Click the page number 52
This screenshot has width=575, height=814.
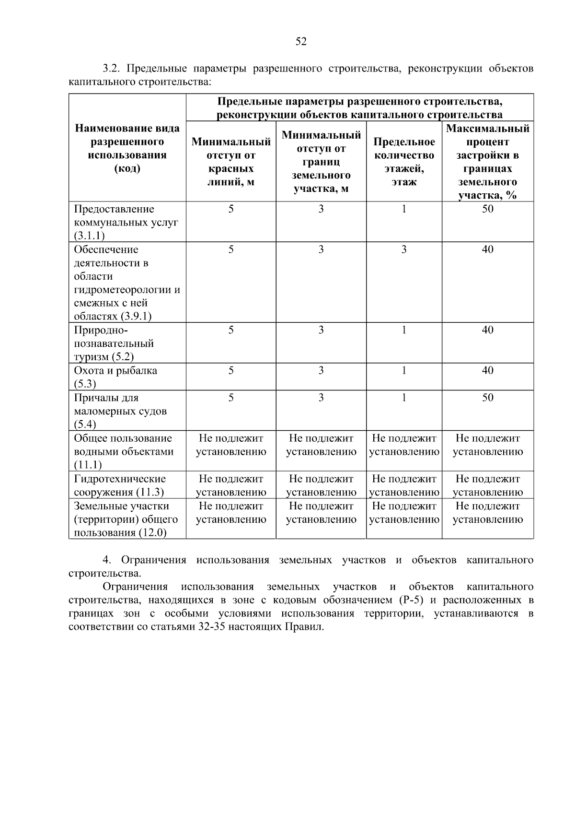300,42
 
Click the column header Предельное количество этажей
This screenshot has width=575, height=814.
404,162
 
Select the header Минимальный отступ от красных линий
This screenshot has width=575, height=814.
231,162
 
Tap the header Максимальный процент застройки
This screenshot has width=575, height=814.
487,162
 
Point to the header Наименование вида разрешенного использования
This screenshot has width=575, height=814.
127,148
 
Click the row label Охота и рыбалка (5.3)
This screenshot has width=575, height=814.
115,377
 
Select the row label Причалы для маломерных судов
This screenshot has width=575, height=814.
120,411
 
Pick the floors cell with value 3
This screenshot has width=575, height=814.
404,249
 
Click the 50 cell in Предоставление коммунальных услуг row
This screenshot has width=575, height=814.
487,209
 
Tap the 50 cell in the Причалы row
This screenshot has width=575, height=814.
487,398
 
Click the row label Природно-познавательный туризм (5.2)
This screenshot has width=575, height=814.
114,343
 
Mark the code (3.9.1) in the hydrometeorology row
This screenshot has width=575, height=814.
136,316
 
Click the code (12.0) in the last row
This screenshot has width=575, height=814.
152,533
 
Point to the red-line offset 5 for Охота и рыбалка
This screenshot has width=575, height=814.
231,370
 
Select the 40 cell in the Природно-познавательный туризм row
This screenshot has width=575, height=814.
487,330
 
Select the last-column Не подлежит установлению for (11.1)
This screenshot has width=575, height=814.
487,445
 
